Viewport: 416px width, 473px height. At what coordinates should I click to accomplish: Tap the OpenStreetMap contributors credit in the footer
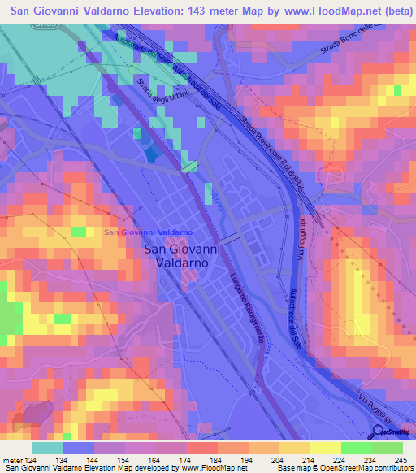(x=373, y=468)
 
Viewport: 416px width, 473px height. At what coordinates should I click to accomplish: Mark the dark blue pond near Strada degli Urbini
(x=150, y=151)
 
